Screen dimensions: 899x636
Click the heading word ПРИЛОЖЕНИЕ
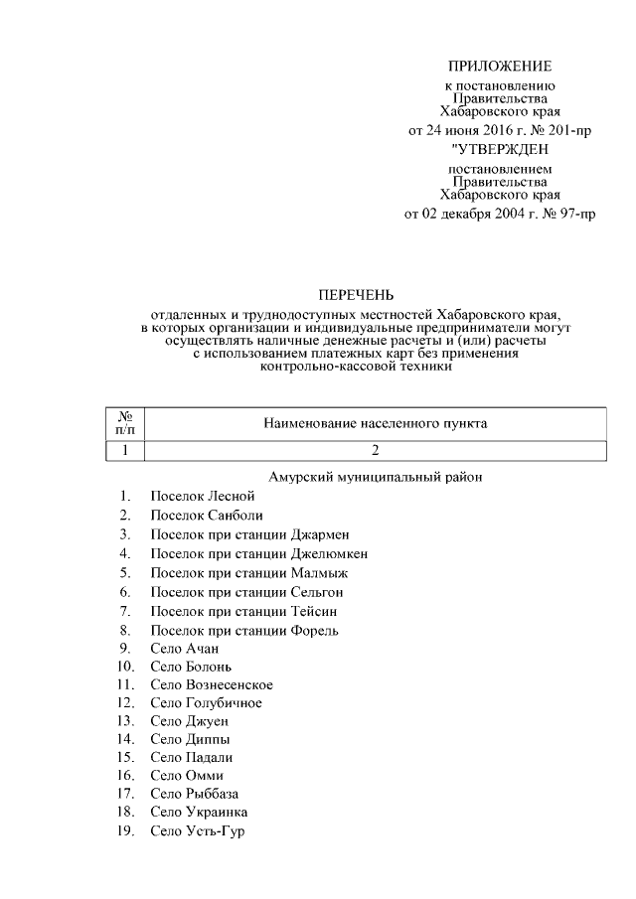[x=499, y=67]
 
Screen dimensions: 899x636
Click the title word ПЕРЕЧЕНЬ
[x=356, y=294]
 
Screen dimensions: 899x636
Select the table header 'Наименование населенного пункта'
[x=375, y=423]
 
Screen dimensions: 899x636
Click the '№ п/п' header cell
[x=125, y=423]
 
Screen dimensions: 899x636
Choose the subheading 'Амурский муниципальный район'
[x=375, y=477]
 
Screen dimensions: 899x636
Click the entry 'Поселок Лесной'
[x=203, y=495]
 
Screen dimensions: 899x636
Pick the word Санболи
[x=236, y=515]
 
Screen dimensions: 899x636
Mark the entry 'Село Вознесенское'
[x=212, y=685]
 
